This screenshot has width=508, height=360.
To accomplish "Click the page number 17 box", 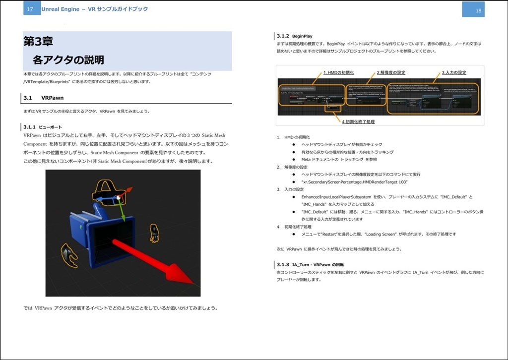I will pos(30,9).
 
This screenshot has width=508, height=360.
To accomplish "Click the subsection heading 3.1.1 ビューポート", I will pos(43,127).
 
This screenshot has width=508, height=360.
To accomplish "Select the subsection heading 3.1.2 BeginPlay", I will pos(295,36).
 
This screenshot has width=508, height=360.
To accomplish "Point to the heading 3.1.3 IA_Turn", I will pos(310,265).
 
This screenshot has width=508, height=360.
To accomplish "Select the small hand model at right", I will pos(154,233).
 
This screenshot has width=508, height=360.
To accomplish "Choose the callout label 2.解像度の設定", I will pos(390,72).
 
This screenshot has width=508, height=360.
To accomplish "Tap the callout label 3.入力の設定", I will pos(454,72).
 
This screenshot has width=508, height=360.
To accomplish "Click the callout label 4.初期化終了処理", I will pos(358,121).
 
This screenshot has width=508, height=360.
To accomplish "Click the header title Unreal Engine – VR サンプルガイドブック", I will pos(94,9).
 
